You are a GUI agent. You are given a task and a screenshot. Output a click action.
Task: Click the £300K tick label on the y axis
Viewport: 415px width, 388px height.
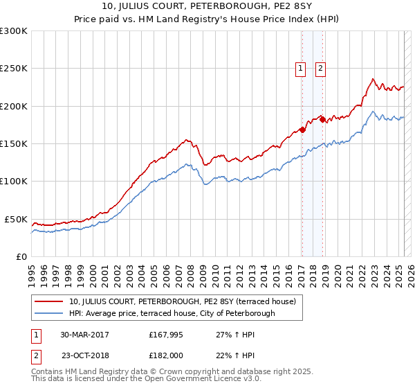click(x=14, y=31)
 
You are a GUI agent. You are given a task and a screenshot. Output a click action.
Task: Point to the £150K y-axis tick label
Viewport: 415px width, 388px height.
click(x=14, y=143)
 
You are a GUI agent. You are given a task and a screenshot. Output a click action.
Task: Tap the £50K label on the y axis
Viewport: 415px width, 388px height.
click(x=16, y=219)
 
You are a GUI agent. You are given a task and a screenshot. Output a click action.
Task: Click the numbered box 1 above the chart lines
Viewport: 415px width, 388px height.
click(x=302, y=68)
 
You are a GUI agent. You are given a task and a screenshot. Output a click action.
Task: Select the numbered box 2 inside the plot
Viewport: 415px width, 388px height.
click(x=322, y=68)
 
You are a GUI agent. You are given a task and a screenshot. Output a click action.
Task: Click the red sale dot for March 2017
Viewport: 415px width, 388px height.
click(x=302, y=130)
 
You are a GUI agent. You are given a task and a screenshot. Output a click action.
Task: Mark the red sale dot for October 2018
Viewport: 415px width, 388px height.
click(x=322, y=119)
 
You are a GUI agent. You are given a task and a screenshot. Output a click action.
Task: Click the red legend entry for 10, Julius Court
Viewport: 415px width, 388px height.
click(x=183, y=301)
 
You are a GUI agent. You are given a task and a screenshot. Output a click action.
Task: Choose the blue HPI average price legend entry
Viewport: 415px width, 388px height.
click(x=172, y=313)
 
